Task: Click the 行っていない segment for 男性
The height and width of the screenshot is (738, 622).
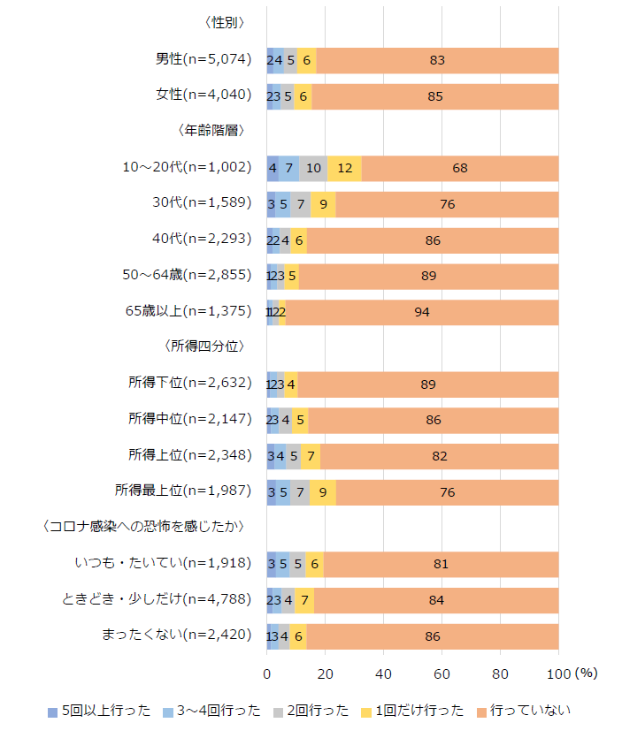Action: (x=437, y=60)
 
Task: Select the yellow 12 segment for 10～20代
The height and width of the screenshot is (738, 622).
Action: (x=344, y=168)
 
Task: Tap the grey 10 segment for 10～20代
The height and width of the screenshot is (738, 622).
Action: (x=313, y=168)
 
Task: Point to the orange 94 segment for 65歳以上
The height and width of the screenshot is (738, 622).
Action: (x=422, y=312)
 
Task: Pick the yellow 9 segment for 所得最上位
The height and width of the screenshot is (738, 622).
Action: (x=323, y=492)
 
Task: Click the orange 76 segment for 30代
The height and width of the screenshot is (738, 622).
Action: (x=447, y=204)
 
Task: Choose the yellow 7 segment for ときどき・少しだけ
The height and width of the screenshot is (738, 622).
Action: (x=304, y=600)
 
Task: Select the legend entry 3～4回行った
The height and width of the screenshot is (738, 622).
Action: (x=208, y=710)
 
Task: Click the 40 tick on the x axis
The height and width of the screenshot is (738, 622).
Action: (x=384, y=673)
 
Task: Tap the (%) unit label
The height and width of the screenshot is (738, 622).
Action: (x=587, y=673)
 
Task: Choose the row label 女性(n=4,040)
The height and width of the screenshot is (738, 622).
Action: (x=203, y=95)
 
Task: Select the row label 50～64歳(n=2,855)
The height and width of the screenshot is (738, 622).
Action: (x=188, y=276)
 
